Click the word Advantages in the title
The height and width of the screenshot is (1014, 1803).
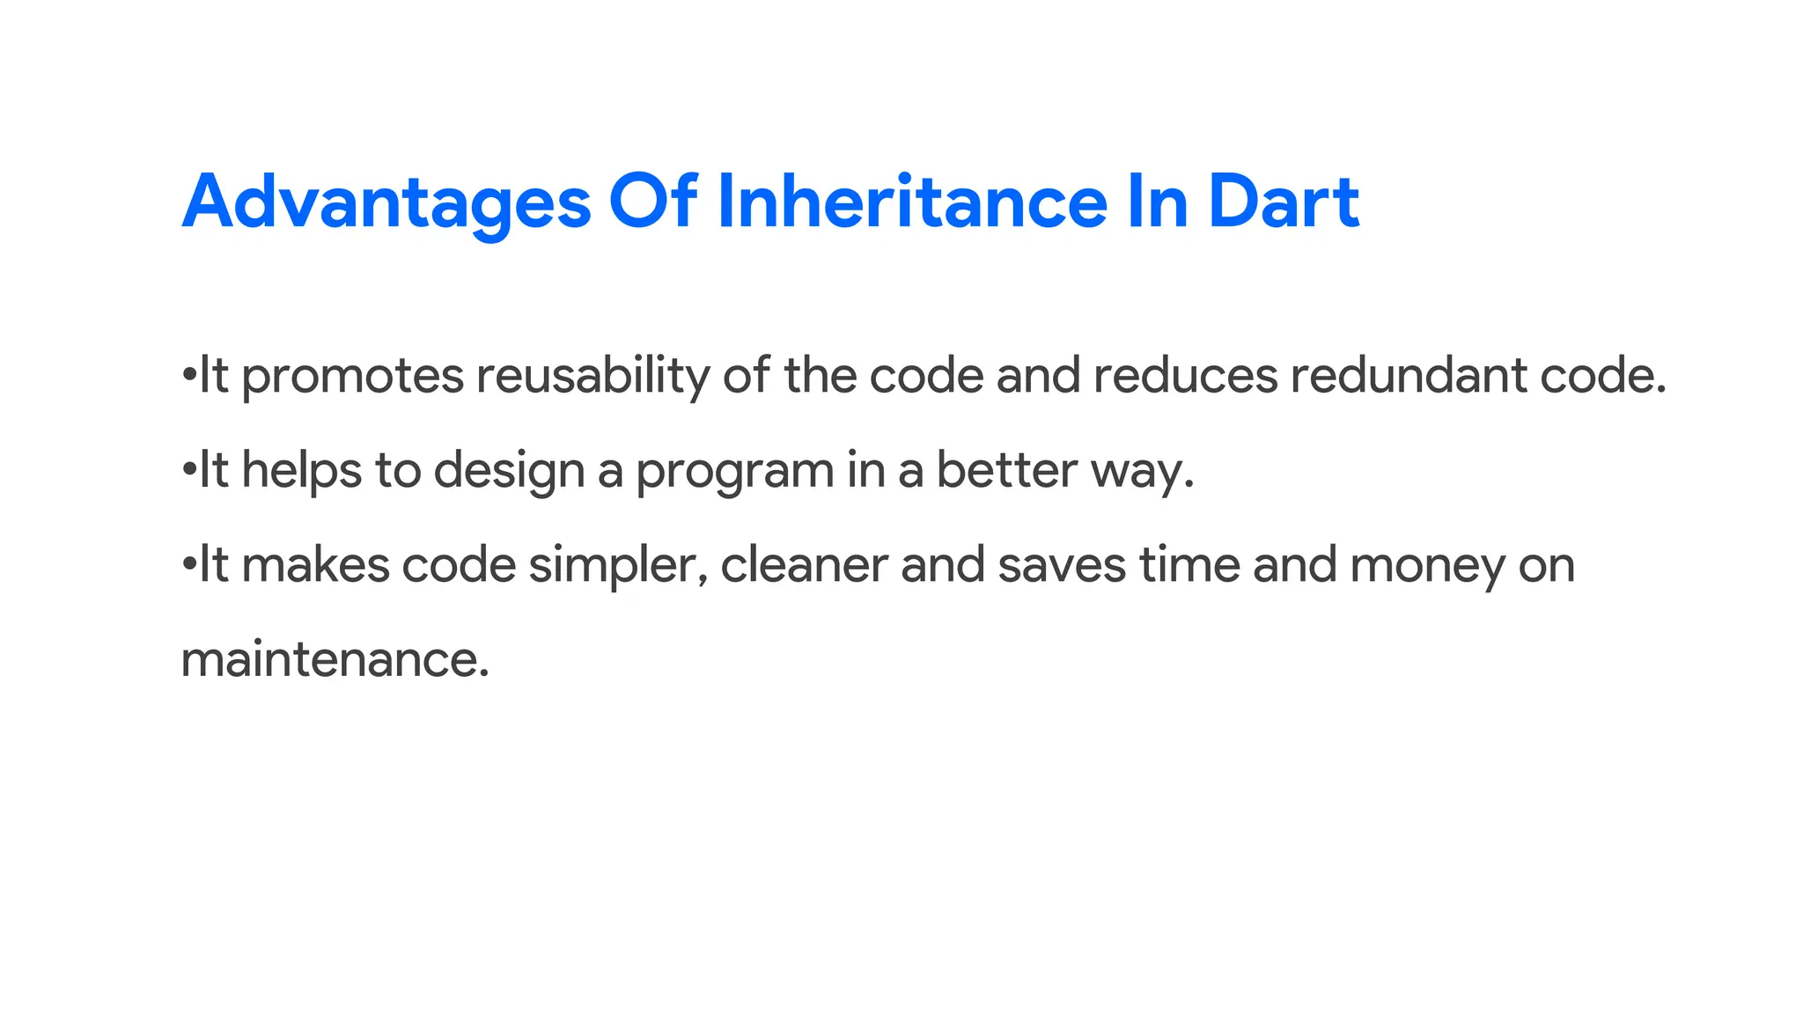(x=386, y=202)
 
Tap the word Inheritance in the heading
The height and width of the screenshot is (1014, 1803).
(x=912, y=202)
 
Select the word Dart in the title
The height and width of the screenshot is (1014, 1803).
(x=1284, y=202)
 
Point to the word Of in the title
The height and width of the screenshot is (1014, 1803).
(x=653, y=202)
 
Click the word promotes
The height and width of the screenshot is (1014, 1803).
(x=352, y=377)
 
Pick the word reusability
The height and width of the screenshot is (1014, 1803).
(x=592, y=377)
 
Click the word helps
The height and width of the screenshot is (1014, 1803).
(x=302, y=471)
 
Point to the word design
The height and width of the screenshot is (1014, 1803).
(x=509, y=471)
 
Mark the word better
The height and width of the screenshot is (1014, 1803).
(x=1006, y=471)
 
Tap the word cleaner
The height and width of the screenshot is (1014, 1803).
(x=804, y=566)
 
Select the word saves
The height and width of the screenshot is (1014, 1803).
(x=1062, y=566)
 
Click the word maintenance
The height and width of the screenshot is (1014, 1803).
(x=335, y=660)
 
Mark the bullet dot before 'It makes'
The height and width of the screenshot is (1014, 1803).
(x=188, y=564)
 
